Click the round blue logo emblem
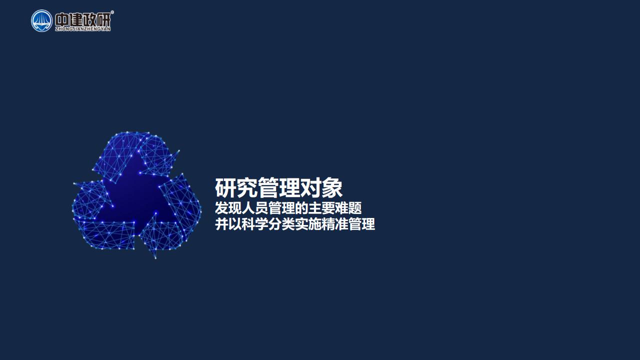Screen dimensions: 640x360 [x=41, y=21]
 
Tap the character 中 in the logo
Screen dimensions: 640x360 [x=61, y=20]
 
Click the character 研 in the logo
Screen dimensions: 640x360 [x=103, y=20]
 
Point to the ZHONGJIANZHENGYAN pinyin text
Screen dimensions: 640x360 [x=83, y=29]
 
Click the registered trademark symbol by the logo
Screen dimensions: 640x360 [x=112, y=12]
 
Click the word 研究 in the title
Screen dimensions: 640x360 [x=236, y=187]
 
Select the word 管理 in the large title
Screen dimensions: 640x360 [x=278, y=187]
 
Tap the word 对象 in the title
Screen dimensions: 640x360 [x=321, y=187]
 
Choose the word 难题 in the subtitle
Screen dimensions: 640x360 [x=348, y=208]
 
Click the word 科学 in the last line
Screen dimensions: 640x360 [x=255, y=224]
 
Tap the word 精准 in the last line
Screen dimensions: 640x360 [x=335, y=224]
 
